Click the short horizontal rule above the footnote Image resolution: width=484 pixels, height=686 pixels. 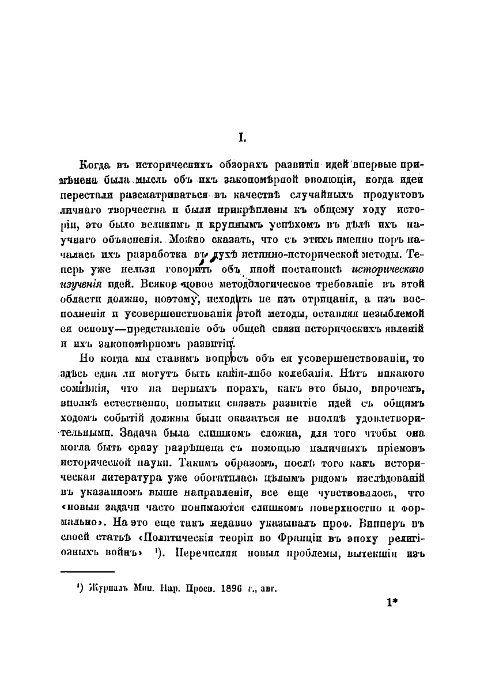click(x=88, y=573)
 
